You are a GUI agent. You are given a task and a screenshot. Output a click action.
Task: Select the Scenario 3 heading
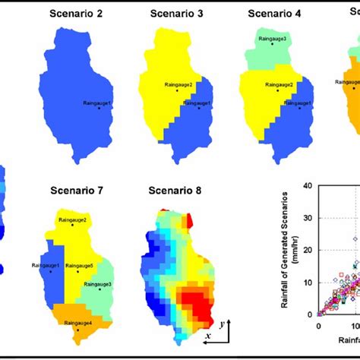174,13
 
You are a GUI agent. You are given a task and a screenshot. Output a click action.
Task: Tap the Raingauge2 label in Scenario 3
175,84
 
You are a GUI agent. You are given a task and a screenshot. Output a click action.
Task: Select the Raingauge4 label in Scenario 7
79,323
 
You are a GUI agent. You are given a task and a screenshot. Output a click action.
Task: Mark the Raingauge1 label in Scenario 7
46,266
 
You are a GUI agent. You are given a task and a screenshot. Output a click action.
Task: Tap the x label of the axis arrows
207,335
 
